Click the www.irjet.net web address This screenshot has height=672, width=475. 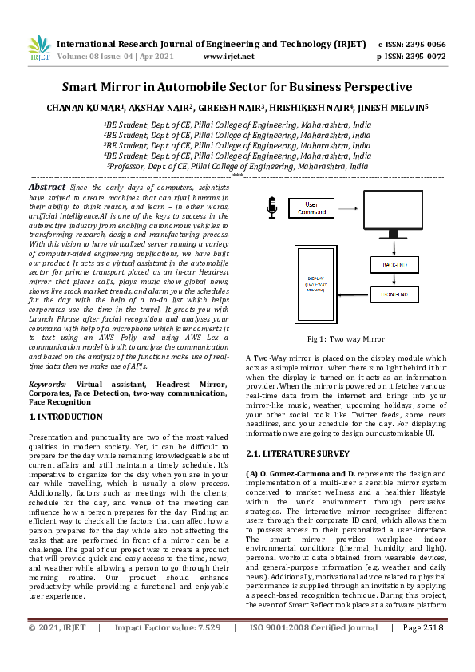click(229, 57)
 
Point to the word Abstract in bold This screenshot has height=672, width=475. click(47, 186)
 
